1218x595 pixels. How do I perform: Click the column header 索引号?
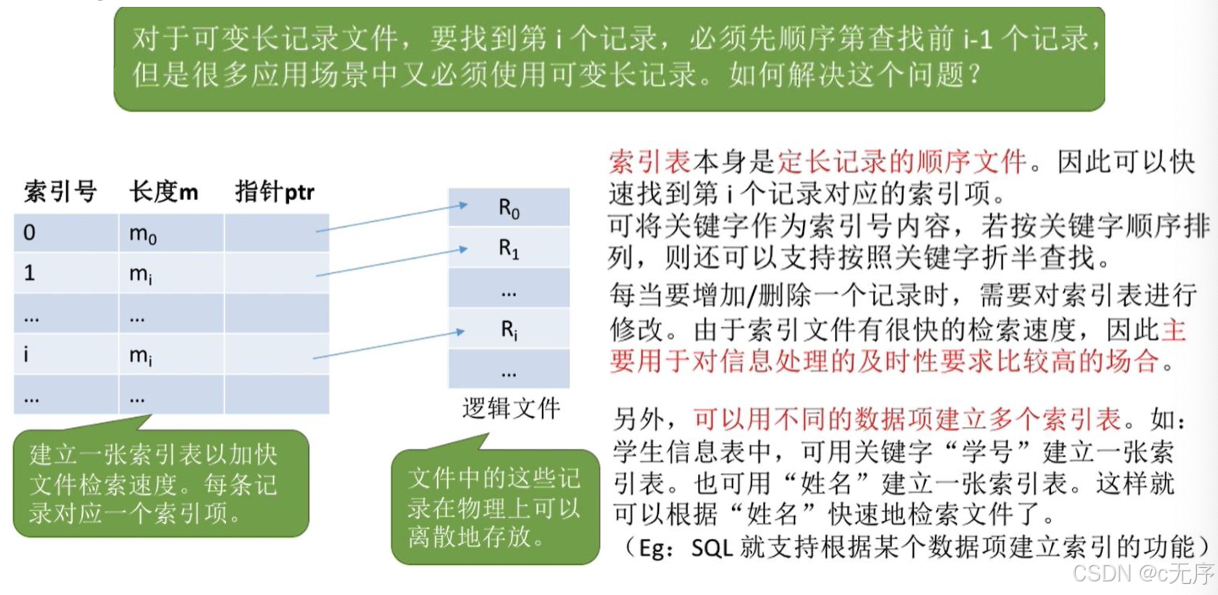[60, 192]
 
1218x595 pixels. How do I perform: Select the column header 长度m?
[163, 192]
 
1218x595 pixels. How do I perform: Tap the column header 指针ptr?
[274, 192]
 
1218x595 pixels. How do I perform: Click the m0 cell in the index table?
[143, 234]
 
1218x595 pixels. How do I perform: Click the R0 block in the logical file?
[508, 209]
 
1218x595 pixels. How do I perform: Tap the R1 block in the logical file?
[508, 249]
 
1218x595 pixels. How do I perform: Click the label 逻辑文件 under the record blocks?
[511, 409]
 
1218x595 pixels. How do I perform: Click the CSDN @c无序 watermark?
[1143, 574]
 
